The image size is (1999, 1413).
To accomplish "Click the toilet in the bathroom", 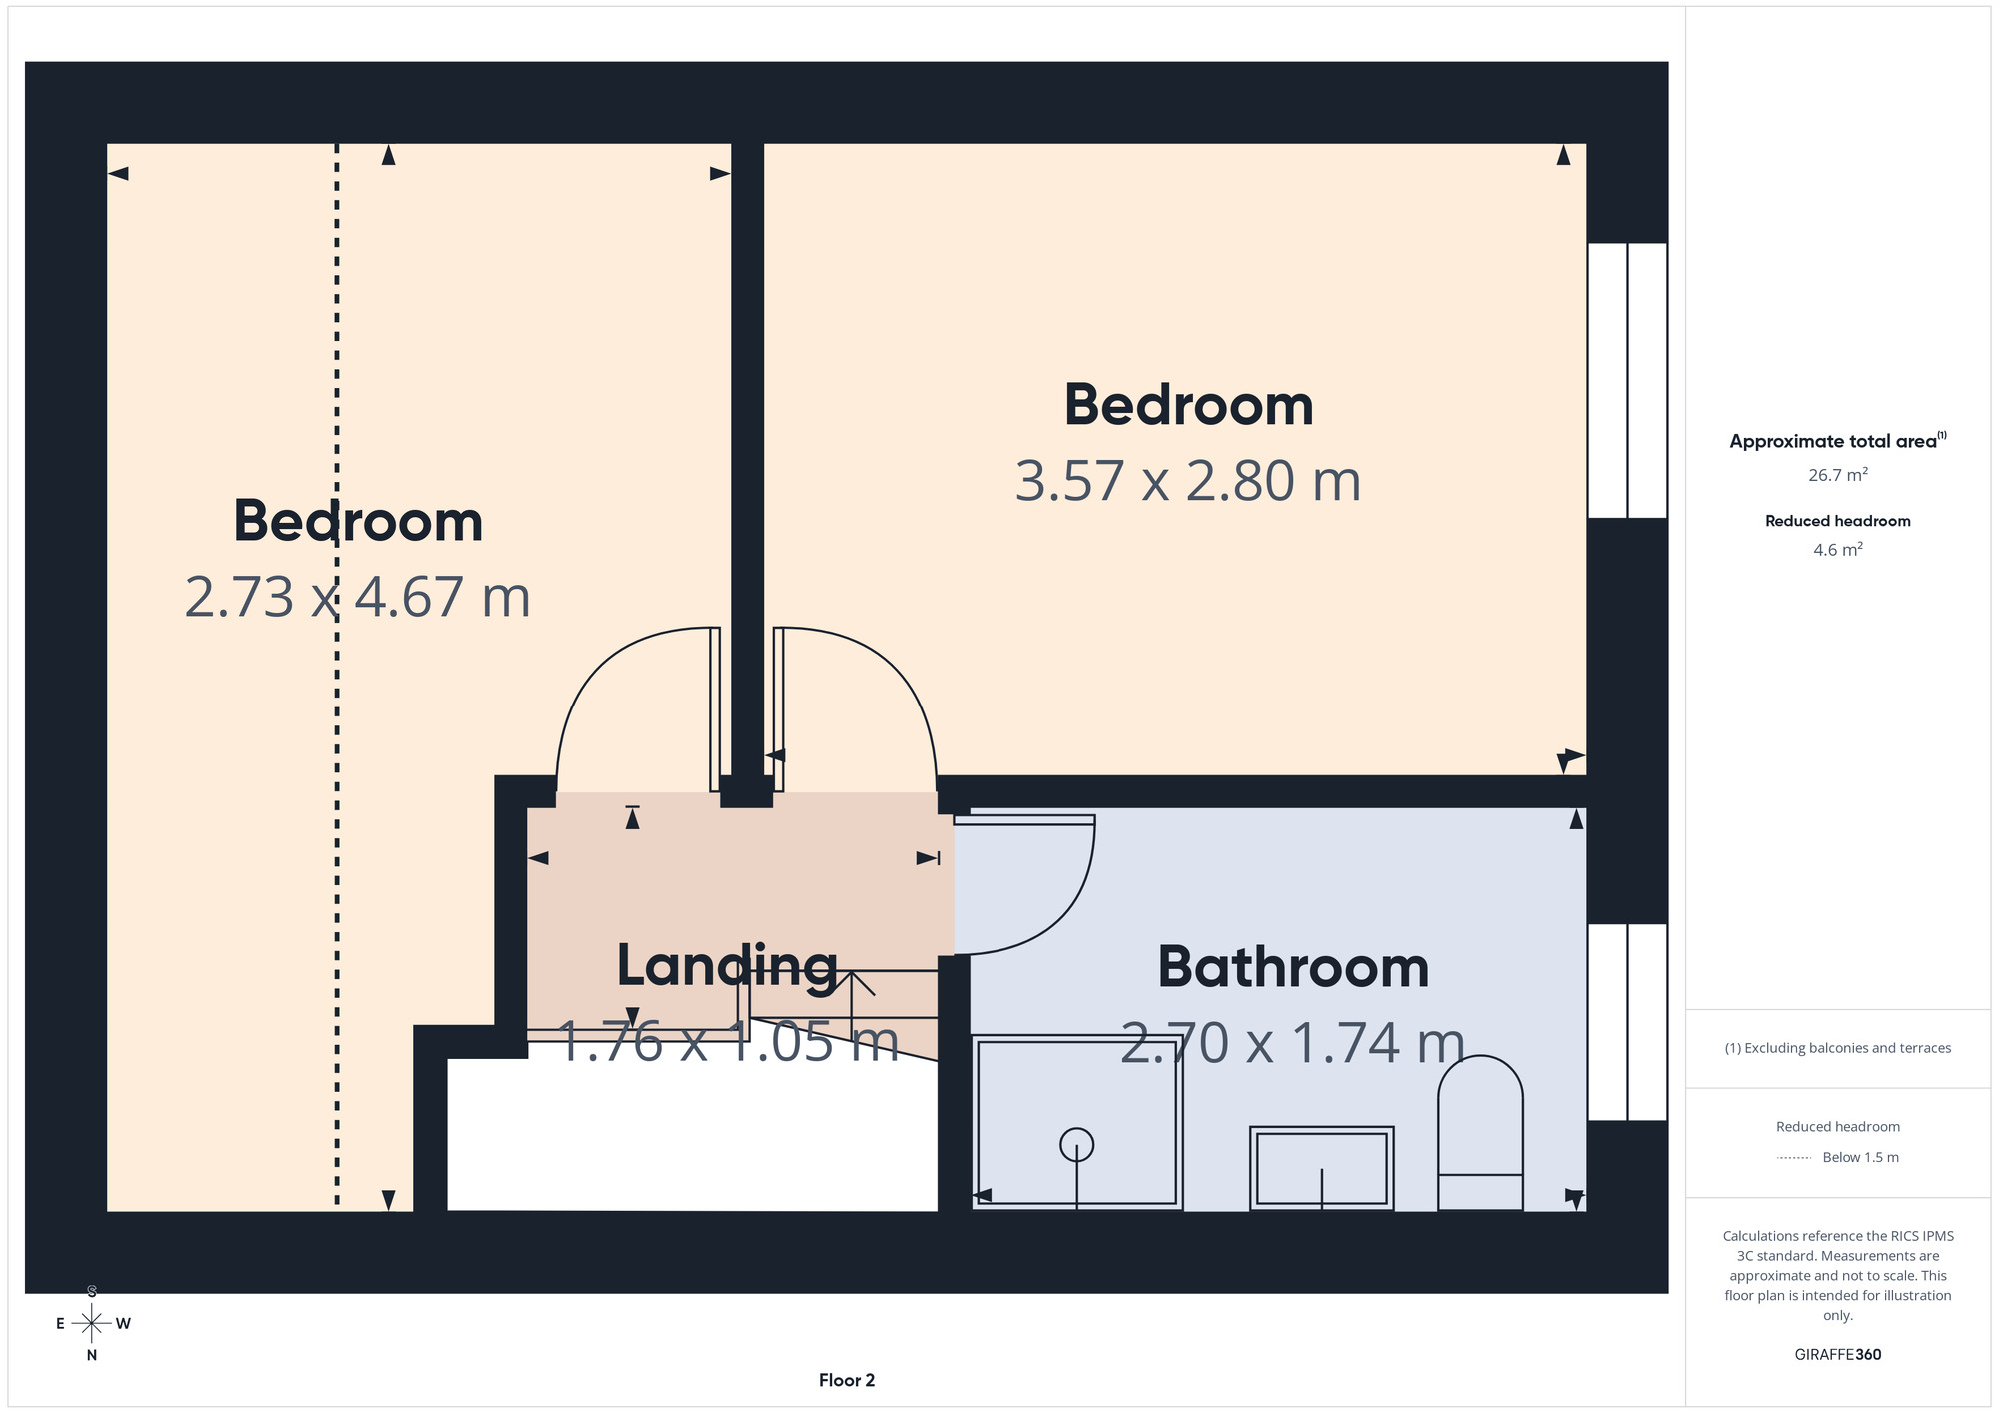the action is (x=1480, y=1133).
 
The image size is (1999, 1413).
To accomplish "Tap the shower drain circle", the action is (x=1076, y=1143).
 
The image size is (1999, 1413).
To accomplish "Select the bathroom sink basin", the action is (x=1321, y=1168).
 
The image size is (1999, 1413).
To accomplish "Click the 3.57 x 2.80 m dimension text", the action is (x=1188, y=481).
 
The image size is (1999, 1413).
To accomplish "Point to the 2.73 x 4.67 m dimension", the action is (x=357, y=597).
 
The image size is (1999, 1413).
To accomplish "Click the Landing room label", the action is (x=727, y=966).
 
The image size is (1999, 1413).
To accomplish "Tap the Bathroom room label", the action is (x=1293, y=967).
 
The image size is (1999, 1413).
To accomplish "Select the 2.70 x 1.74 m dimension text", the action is (x=1292, y=1043).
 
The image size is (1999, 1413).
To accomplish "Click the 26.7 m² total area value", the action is (x=1837, y=475).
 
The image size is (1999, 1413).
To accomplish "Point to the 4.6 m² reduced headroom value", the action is (x=1837, y=550).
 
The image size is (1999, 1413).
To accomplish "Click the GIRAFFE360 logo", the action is (x=1837, y=1355).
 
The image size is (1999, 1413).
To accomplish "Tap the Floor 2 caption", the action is (x=847, y=1380).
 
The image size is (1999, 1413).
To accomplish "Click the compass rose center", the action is (x=92, y=1324).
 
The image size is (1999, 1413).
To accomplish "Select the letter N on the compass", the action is (x=92, y=1355).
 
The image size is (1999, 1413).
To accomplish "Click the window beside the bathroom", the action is (x=1627, y=1022).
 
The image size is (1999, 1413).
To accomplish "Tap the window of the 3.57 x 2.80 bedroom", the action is (x=1627, y=381).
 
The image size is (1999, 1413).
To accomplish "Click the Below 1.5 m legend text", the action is (x=1860, y=1157).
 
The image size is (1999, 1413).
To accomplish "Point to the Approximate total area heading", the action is (x=1837, y=441).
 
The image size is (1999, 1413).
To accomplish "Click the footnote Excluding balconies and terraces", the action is (x=1837, y=1048).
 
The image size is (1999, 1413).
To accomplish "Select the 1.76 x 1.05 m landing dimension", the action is (x=727, y=1041).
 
